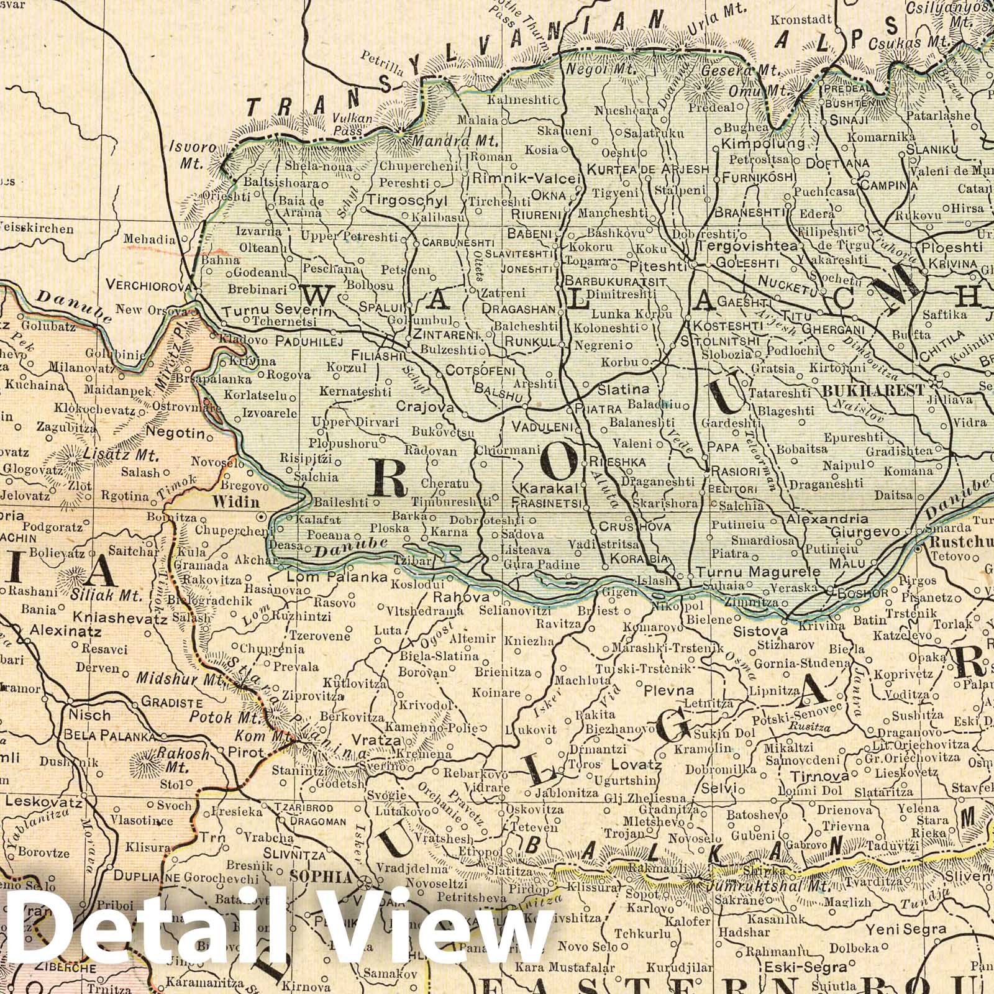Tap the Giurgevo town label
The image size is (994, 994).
[865, 532]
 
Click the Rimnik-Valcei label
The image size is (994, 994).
[527, 178]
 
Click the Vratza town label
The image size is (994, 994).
[370, 740]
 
